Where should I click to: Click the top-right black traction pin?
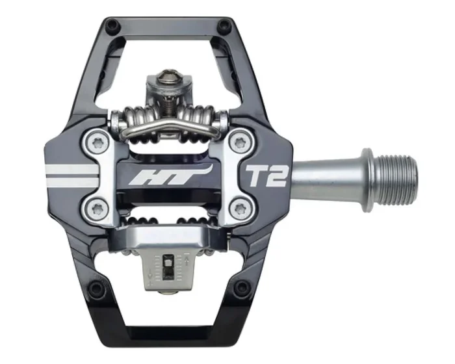[x=224, y=26]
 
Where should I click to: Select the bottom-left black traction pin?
[x=97, y=287]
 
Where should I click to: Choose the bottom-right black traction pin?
[x=241, y=287]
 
